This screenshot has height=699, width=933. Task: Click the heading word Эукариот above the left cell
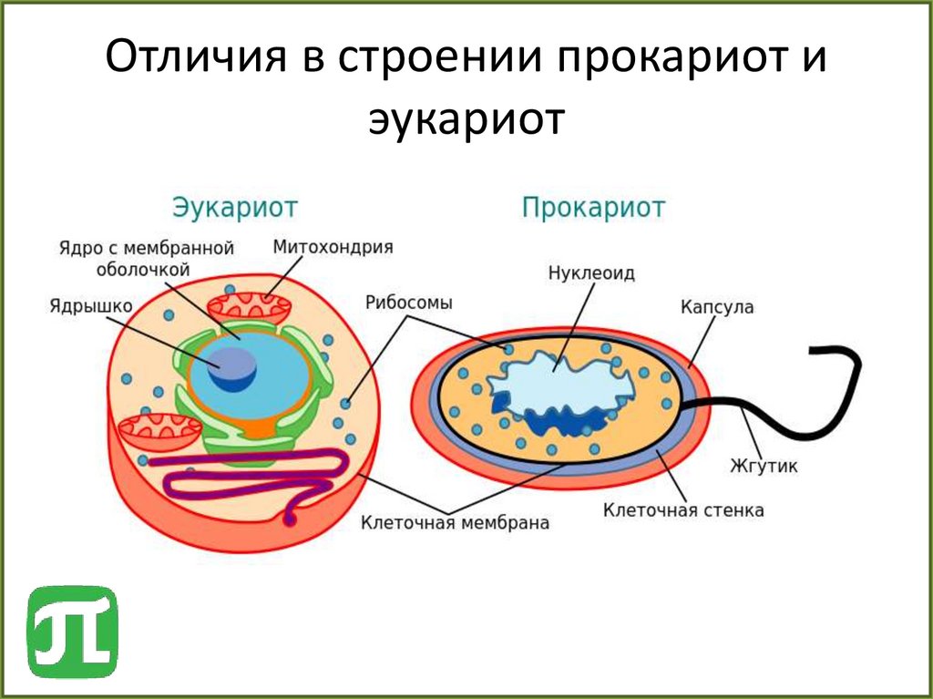(235, 207)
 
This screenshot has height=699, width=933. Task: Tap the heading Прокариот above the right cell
(593, 207)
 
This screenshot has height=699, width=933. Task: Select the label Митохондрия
(333, 247)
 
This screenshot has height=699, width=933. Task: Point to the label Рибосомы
(409, 303)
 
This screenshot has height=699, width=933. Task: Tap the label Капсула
(717, 307)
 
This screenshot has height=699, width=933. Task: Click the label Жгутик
(764, 467)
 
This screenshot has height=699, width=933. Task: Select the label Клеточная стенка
(683, 510)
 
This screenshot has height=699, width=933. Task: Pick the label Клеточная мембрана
(456, 523)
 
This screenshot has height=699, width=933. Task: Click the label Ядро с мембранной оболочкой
(147, 258)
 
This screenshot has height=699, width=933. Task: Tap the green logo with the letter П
(72, 632)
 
